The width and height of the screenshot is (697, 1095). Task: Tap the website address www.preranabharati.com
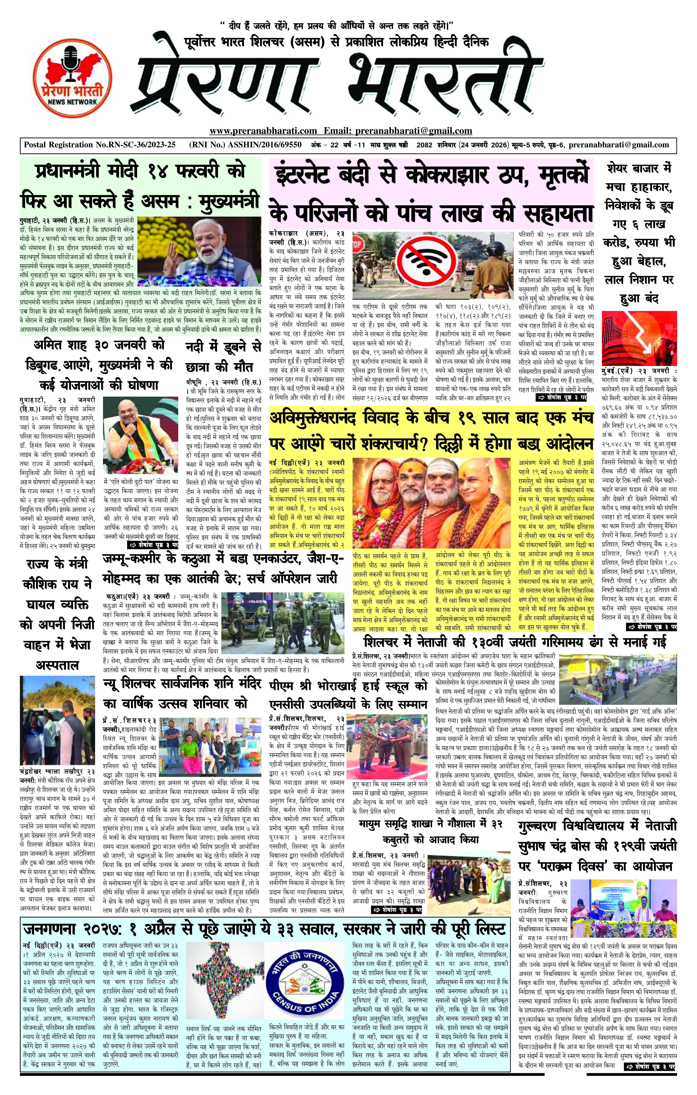coord(263,131)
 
